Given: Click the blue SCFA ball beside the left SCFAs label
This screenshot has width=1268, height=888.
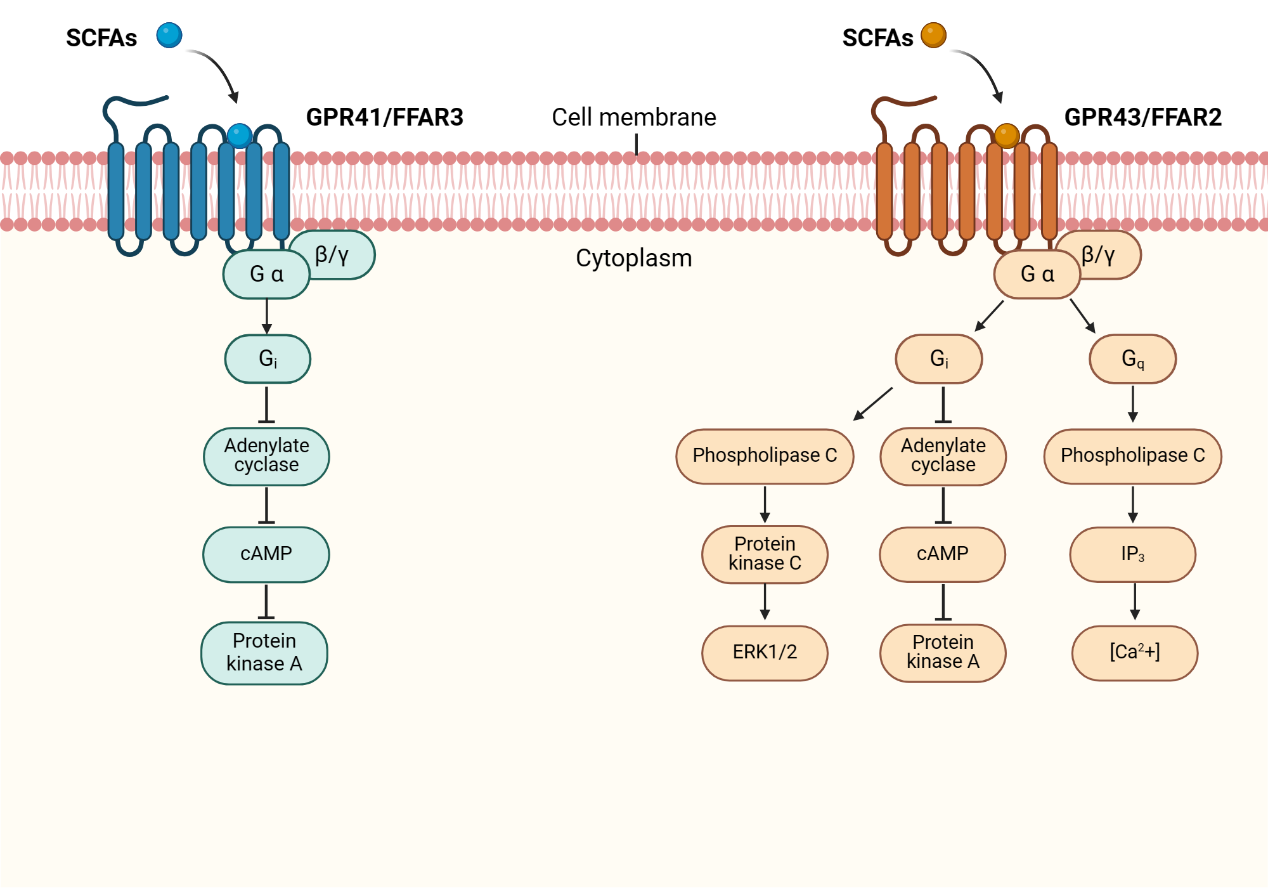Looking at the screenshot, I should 169,35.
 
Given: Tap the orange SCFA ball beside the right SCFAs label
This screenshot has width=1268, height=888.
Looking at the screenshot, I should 933,35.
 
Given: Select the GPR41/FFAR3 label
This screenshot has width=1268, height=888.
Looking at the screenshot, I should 384,117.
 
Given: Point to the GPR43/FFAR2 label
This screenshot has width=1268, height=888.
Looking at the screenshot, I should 1142,117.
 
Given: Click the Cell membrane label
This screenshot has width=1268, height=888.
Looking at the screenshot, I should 633,117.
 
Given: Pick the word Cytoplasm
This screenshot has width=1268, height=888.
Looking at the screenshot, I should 633,258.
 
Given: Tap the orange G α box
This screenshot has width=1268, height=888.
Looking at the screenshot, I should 1037,274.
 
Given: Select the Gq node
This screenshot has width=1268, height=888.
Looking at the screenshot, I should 1132,359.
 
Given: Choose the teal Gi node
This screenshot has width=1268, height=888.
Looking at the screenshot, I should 268,359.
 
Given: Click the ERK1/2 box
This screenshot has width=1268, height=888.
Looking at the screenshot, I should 765,653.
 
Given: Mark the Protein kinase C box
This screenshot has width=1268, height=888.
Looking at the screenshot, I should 765,554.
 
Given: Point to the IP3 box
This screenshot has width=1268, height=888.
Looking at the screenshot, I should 1132,554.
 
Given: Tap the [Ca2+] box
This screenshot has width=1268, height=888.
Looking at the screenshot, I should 1134,653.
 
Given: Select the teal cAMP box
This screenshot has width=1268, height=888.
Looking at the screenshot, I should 266,554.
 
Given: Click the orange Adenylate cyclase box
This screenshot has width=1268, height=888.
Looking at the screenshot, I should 943,455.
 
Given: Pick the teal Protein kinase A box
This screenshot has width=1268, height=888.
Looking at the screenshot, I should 264,653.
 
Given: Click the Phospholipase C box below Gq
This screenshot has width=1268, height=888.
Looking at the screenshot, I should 1132,455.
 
